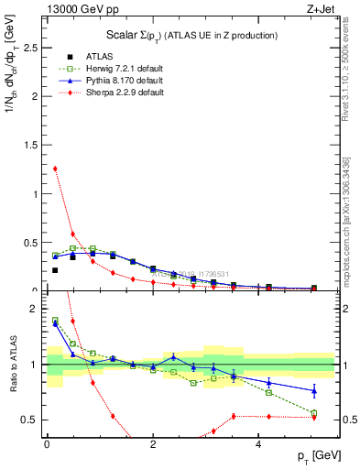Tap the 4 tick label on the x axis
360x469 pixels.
pyautogui.click(x=259, y=442)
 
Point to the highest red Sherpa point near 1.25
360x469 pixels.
pyautogui.click(x=55, y=169)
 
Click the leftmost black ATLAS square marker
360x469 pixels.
pyautogui.click(x=55, y=270)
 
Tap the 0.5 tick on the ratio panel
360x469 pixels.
pyautogui.click(x=34, y=420)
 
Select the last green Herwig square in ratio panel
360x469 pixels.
pyautogui.click(x=314, y=413)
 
